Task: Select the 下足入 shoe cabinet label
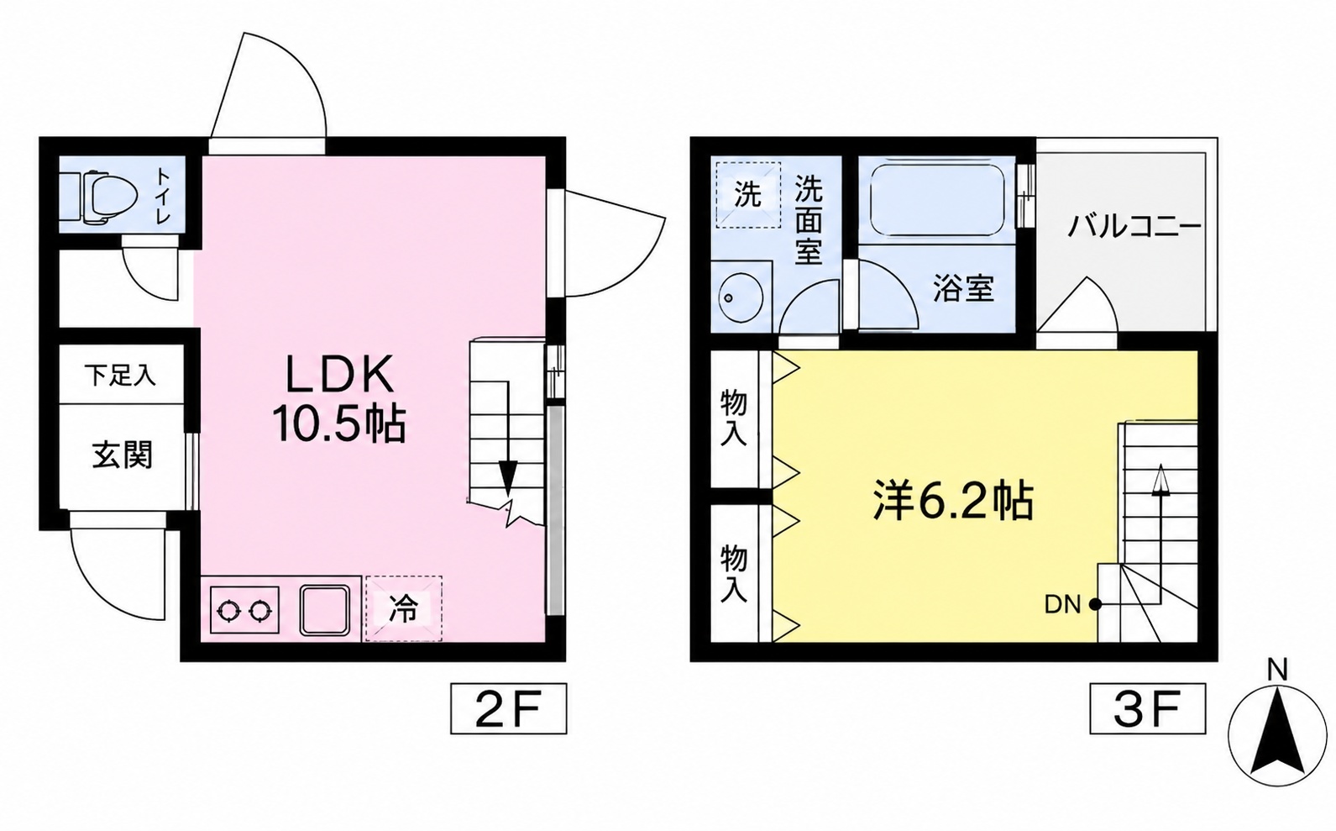click(120, 376)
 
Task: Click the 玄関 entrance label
click(123, 455)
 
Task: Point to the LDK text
click(341, 374)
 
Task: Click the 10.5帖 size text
click(339, 423)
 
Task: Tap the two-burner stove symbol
click(244, 609)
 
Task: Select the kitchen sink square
click(324, 610)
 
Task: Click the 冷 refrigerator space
click(404, 609)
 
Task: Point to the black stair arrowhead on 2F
click(508, 478)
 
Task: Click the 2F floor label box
click(508, 708)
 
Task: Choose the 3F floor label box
click(1148, 708)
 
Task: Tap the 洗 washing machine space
click(748, 195)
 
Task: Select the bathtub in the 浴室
click(937, 200)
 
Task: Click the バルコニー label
click(1134, 227)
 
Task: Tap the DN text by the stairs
click(1063, 605)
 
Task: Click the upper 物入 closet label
click(734, 418)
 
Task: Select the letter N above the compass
click(1277, 671)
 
